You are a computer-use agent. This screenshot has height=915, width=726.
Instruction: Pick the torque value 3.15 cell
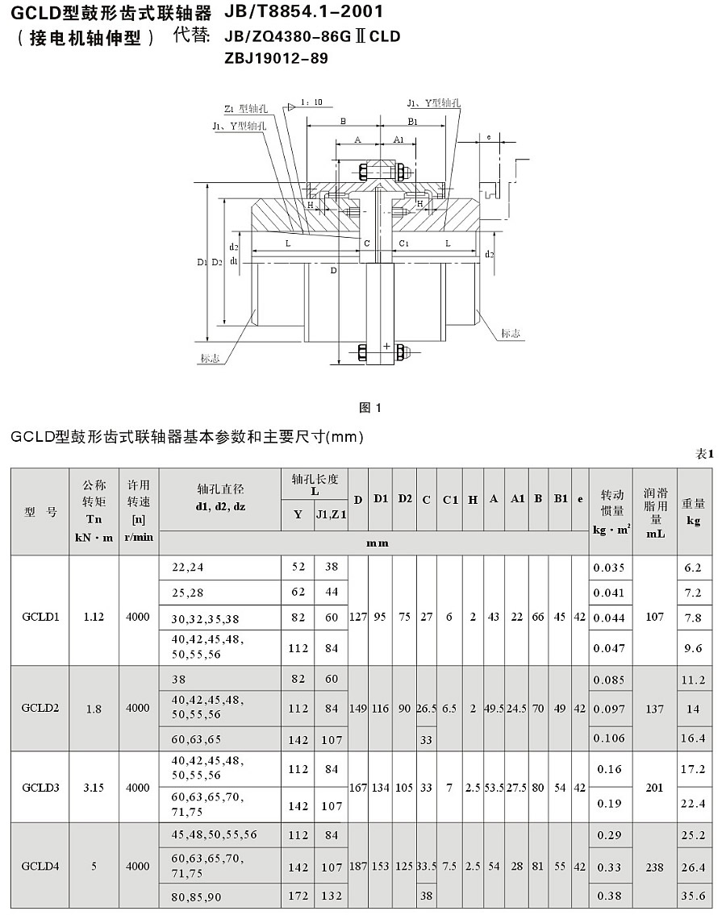(x=94, y=787)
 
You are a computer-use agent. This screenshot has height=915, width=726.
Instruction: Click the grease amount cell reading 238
(x=654, y=867)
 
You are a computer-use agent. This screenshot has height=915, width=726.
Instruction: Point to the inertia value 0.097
(x=609, y=708)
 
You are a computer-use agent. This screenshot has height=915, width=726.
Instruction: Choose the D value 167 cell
(x=357, y=787)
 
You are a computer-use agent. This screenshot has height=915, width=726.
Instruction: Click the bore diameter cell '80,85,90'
(x=197, y=895)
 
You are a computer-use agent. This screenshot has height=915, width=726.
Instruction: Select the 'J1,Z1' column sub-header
(x=331, y=514)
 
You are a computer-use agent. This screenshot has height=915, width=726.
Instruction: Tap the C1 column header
(x=449, y=499)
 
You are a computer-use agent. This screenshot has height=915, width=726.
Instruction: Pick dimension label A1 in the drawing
(x=398, y=139)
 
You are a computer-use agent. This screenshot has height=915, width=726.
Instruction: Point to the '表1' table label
(x=705, y=454)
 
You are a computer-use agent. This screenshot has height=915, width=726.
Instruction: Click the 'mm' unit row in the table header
(x=378, y=543)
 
